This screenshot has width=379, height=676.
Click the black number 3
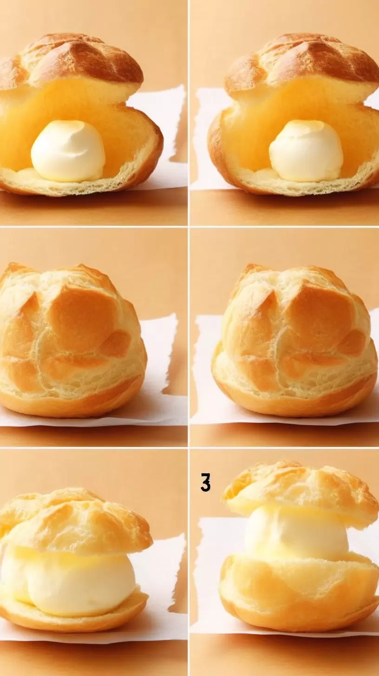pos(205,482)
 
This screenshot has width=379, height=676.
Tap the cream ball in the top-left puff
pos(68,151)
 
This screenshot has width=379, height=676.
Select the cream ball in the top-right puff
pos(306,151)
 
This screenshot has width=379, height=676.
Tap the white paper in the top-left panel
pos(169,136)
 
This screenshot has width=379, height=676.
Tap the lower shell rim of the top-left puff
pos(82,184)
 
